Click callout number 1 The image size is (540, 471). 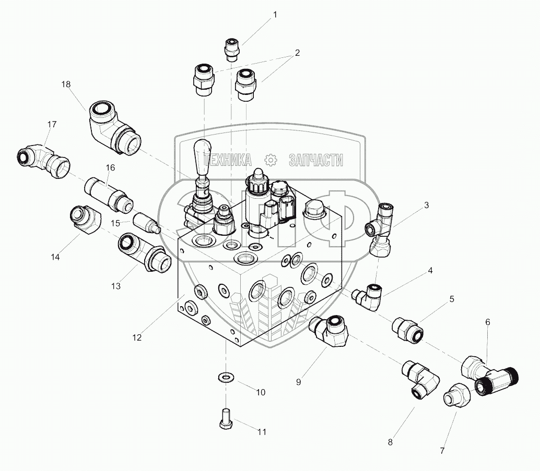click(x=275, y=15)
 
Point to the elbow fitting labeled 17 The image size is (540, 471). click(x=44, y=159)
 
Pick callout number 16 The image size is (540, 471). click(x=110, y=167)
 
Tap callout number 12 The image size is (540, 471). click(x=137, y=337)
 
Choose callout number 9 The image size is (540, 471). click(x=298, y=382)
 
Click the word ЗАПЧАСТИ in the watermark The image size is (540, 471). click(x=315, y=160)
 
